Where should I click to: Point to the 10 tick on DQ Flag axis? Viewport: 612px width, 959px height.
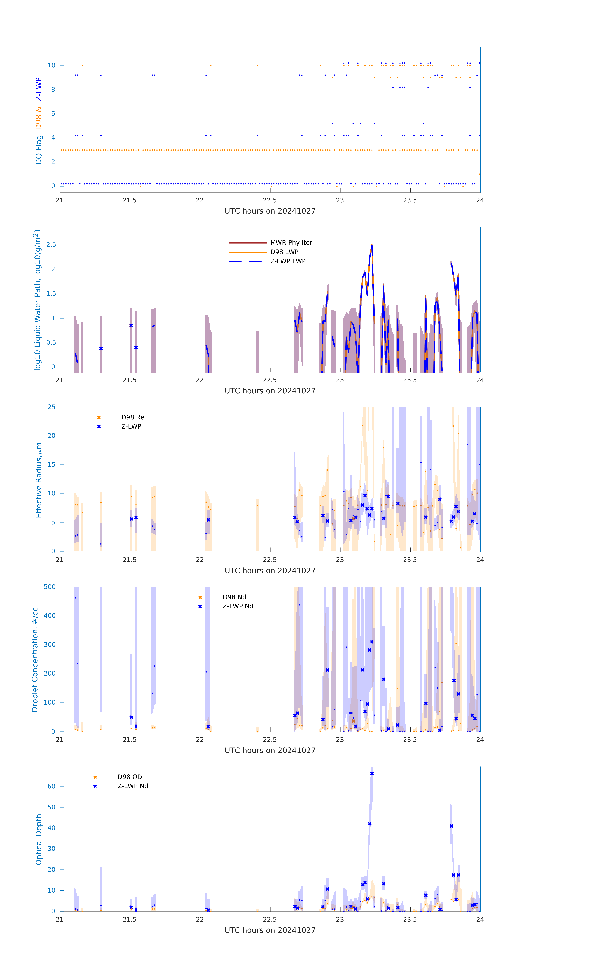51,66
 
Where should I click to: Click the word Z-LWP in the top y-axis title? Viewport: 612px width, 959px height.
39,90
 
